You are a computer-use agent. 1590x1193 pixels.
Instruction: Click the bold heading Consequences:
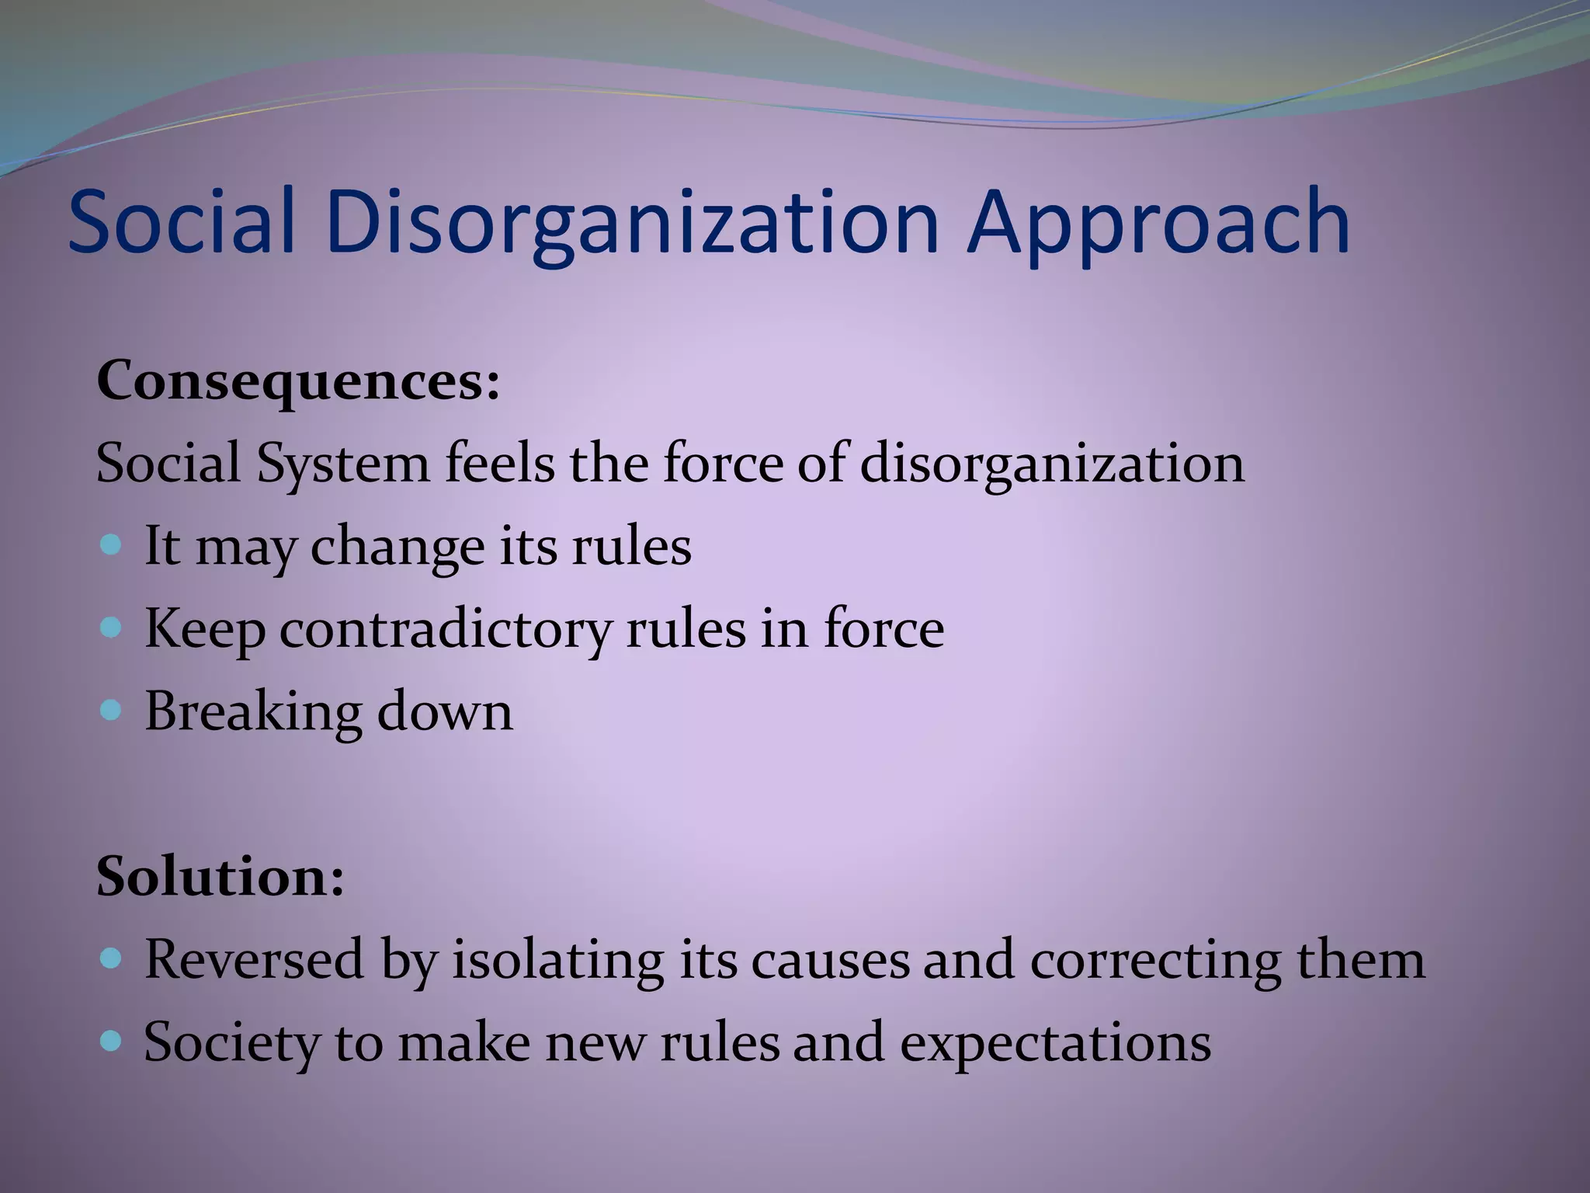tap(298, 382)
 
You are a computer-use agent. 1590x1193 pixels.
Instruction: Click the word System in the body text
tap(342, 464)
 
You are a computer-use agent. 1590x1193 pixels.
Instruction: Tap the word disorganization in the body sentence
tap(1052, 464)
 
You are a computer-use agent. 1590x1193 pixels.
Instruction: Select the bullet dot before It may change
tap(112, 544)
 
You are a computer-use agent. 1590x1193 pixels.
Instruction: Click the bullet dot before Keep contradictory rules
tap(112, 627)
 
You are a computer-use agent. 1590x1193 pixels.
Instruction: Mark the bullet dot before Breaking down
tap(112, 710)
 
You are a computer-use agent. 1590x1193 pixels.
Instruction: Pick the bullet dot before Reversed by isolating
tap(112, 959)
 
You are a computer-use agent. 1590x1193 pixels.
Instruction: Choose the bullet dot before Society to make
tap(112, 1041)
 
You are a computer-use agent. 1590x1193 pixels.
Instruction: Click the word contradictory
tap(446, 629)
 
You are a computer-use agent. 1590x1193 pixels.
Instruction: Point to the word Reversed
tap(254, 960)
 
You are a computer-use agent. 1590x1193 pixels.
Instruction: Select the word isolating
tap(557, 960)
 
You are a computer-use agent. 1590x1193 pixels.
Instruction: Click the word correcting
tap(1155, 960)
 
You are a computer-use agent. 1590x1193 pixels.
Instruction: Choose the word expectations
tap(1055, 1043)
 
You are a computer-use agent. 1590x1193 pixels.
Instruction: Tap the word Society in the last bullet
tap(231, 1043)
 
